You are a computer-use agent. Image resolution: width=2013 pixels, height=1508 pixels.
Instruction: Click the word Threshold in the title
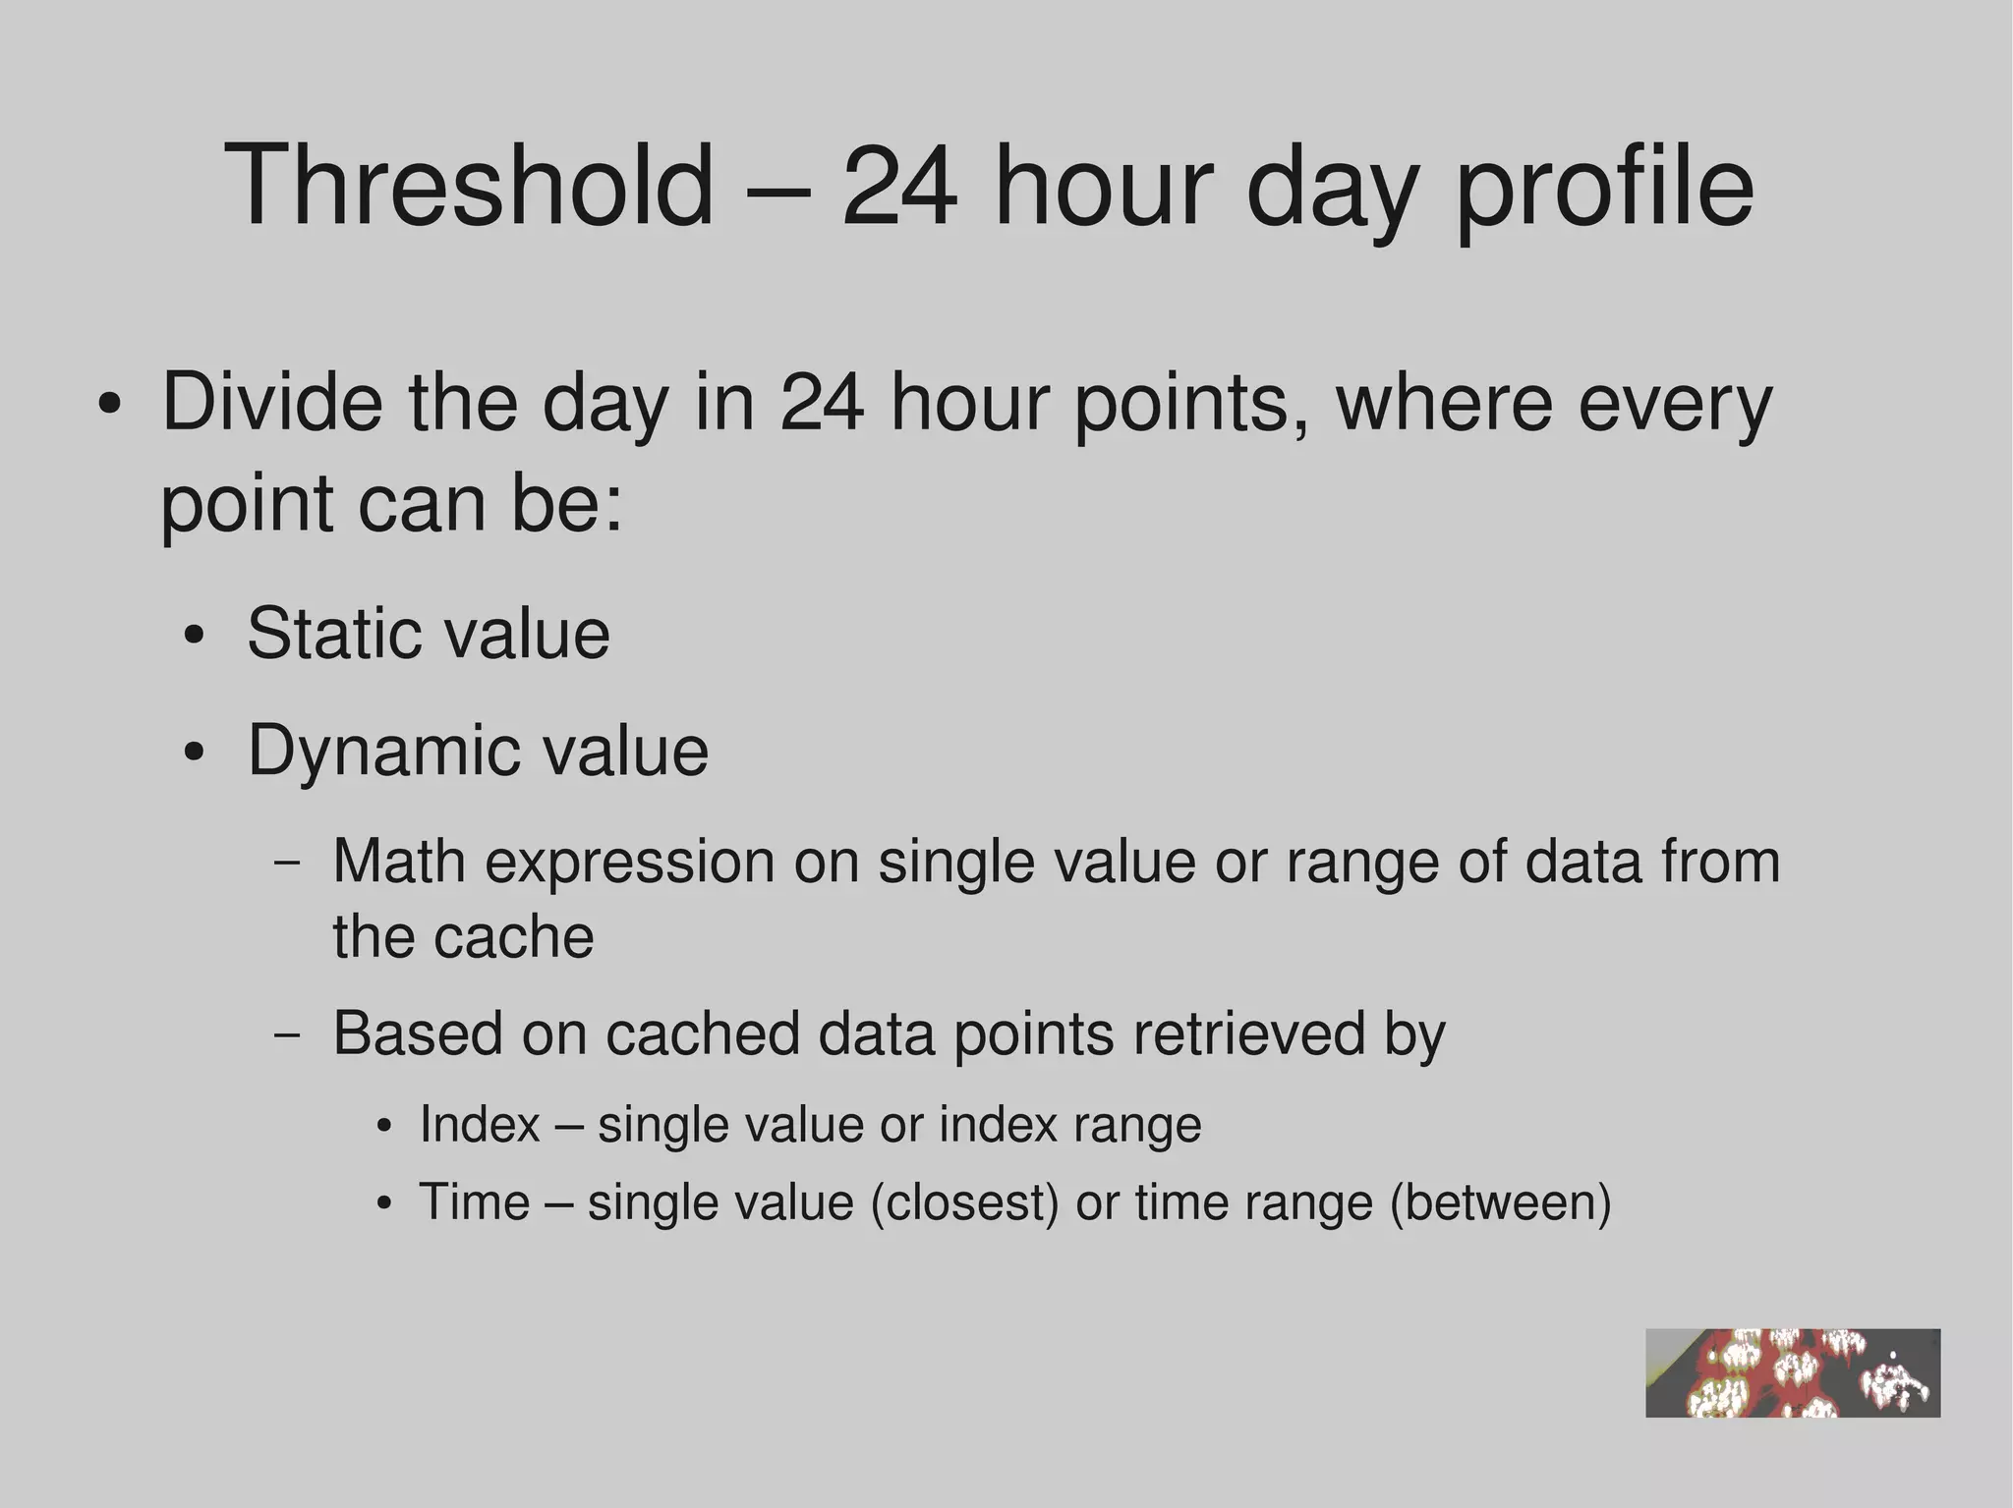(469, 186)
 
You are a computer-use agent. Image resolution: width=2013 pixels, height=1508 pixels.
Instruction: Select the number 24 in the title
(898, 186)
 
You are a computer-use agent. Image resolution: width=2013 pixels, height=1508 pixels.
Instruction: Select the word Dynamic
(379, 751)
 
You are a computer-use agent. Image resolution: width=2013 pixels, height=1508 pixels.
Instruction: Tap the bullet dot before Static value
(194, 636)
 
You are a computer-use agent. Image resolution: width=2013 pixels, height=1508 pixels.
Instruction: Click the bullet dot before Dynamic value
(194, 753)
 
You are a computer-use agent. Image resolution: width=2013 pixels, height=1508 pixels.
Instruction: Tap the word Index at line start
(480, 1124)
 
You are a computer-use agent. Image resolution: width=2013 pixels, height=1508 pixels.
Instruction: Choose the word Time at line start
(474, 1201)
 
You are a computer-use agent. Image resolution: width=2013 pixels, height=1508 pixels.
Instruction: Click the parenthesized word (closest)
(964, 1202)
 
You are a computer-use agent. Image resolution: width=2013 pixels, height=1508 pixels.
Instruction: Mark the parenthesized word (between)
(1500, 1202)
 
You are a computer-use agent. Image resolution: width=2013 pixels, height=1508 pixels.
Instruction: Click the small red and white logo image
(1792, 1372)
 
